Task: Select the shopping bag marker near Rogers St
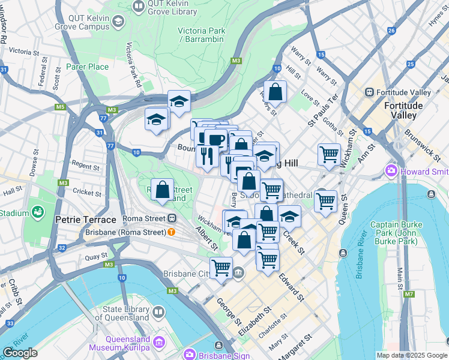point(275,92)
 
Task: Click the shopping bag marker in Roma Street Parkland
point(162,190)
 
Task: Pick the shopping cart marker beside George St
point(221,267)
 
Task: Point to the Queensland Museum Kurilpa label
point(122,343)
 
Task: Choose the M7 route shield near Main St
point(409,294)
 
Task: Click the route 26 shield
point(391,31)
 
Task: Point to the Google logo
point(20,353)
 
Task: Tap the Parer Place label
point(86,67)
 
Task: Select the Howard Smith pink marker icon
point(392,172)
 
